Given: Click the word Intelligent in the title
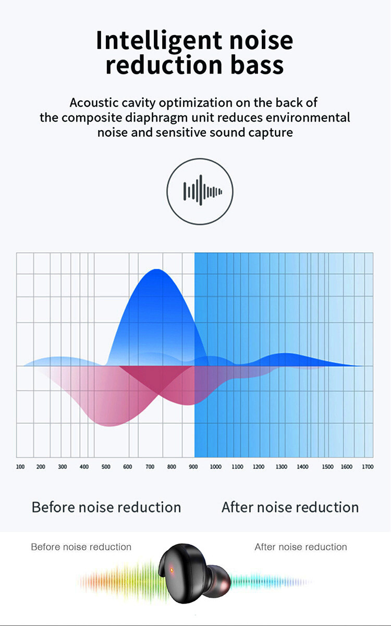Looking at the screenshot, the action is pos(159,41).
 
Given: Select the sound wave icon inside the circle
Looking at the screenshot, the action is pos(202,191).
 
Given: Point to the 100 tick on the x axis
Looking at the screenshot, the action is pos(20,467).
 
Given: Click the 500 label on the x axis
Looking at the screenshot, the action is pos(106,467).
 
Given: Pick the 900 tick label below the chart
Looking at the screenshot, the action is pos(193,467).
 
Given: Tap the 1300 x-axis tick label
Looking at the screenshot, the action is pos(282,467).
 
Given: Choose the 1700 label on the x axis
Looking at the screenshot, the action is pos(368,467).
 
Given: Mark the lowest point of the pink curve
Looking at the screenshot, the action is pos(109,426).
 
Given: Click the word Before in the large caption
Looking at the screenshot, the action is pos(53,507).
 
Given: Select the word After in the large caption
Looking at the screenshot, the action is pos(237,507).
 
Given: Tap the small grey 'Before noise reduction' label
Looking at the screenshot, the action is pos(81,547).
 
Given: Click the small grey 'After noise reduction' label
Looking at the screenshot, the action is pos(300,547).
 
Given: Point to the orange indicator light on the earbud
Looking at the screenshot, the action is pos(172,570).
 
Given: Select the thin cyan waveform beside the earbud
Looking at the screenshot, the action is pos(271,582).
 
